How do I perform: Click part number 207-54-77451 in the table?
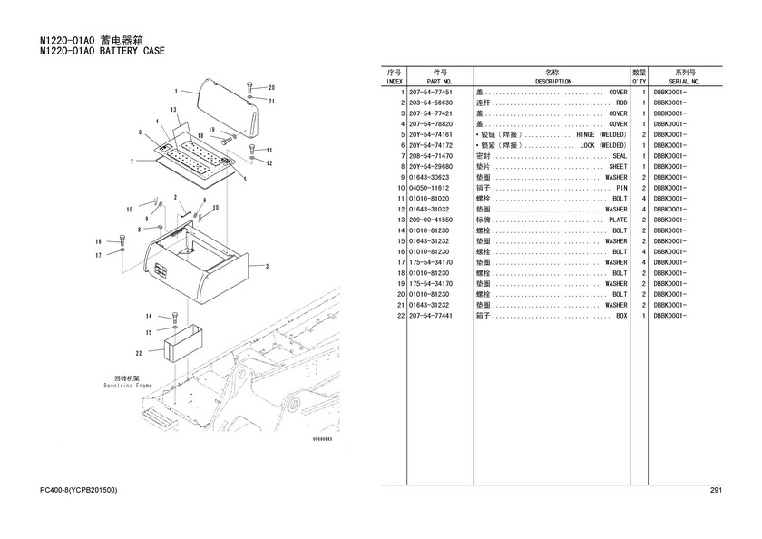(x=431, y=92)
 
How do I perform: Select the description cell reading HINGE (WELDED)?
(x=601, y=134)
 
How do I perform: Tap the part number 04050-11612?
(x=431, y=188)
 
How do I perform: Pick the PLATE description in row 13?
(x=617, y=220)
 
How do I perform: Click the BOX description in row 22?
(x=621, y=316)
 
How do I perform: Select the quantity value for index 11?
(x=642, y=199)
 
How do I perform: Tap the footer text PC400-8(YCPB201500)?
(x=79, y=491)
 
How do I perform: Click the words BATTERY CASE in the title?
(x=132, y=52)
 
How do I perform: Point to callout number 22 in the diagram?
(x=138, y=352)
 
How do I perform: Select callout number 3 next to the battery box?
(x=267, y=267)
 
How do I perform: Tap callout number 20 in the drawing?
(x=270, y=87)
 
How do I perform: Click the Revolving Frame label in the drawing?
(x=132, y=385)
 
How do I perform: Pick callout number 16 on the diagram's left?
(x=98, y=241)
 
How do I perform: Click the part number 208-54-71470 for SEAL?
(x=431, y=156)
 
